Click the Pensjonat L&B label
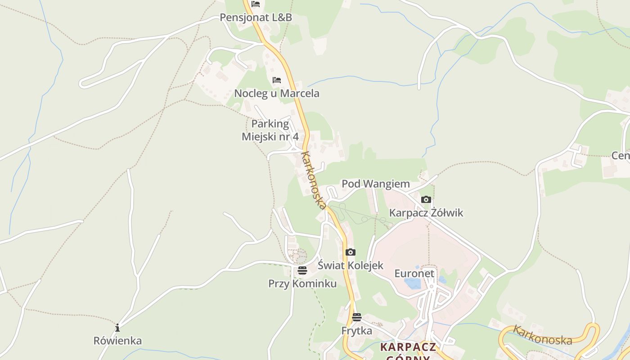[256, 18]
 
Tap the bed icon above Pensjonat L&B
[256, 4]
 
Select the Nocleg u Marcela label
[277, 94]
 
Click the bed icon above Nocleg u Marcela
[277, 80]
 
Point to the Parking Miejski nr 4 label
[270, 130]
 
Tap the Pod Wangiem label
[376, 184]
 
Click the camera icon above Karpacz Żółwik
[426, 199]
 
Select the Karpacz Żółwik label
[426, 213]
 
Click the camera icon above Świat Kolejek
[351, 252]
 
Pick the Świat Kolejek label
[351, 265]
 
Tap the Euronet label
[414, 274]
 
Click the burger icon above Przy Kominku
[302, 270]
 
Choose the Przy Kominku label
[302, 284]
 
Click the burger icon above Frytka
[357, 317]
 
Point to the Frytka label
[357, 331]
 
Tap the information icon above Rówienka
[117, 327]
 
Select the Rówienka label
[117, 341]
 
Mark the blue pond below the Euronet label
[413, 283]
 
